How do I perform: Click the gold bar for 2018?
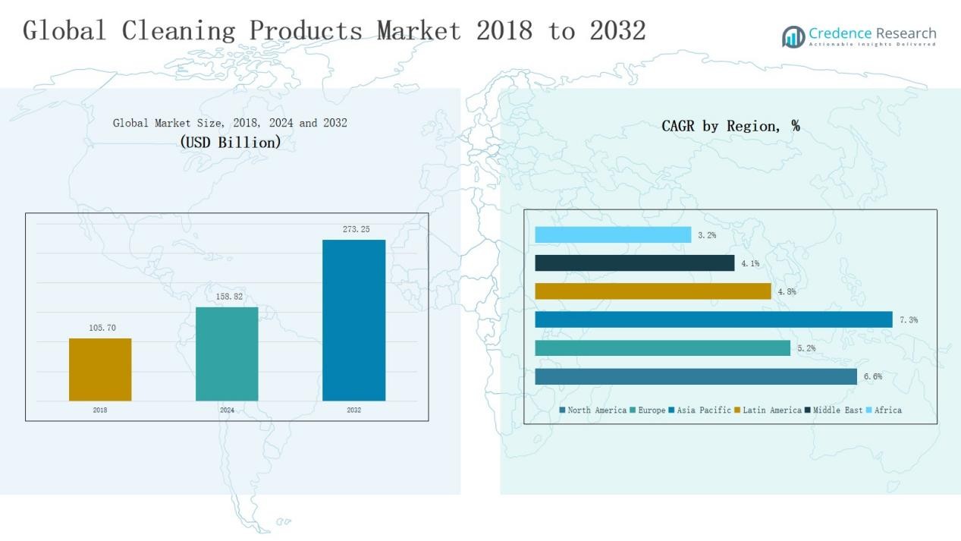tap(100, 370)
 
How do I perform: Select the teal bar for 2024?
tap(227, 354)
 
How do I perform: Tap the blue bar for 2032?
tap(353, 320)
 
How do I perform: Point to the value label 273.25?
tap(356, 229)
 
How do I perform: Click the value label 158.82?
tap(229, 297)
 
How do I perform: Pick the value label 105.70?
tap(102, 328)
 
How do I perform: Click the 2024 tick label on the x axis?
tap(227, 410)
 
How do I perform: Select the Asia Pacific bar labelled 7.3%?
tap(713, 320)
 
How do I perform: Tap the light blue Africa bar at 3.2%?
tap(613, 235)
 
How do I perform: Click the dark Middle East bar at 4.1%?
tap(635, 263)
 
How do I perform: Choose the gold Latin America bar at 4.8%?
tap(653, 291)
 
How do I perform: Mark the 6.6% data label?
tap(872, 377)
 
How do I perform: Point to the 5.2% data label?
tap(806, 348)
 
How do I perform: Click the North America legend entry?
tap(593, 410)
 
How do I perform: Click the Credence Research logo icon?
tap(793, 36)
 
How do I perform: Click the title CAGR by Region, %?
tap(730, 126)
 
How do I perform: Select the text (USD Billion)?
tap(230, 142)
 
